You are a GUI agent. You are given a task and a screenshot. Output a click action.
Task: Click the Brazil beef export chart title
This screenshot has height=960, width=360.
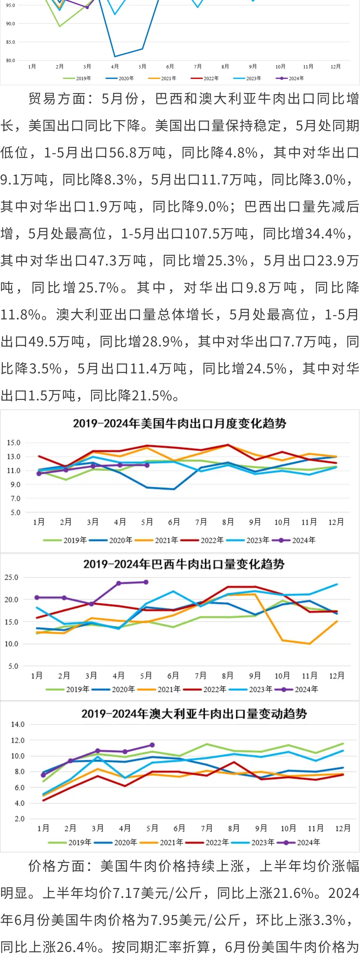184,564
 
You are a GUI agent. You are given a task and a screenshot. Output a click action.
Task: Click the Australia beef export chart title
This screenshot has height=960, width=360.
194,714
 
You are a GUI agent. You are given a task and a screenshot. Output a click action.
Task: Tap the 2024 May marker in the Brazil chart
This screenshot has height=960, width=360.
146,582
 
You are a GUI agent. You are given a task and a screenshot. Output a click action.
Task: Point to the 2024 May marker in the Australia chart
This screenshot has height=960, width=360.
152,745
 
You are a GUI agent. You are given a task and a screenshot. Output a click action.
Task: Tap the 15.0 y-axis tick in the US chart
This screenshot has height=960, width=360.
13,443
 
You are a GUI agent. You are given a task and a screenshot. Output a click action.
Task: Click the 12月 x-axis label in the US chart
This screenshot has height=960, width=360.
336,522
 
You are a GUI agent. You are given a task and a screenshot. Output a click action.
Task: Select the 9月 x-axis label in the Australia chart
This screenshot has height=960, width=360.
261,828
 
